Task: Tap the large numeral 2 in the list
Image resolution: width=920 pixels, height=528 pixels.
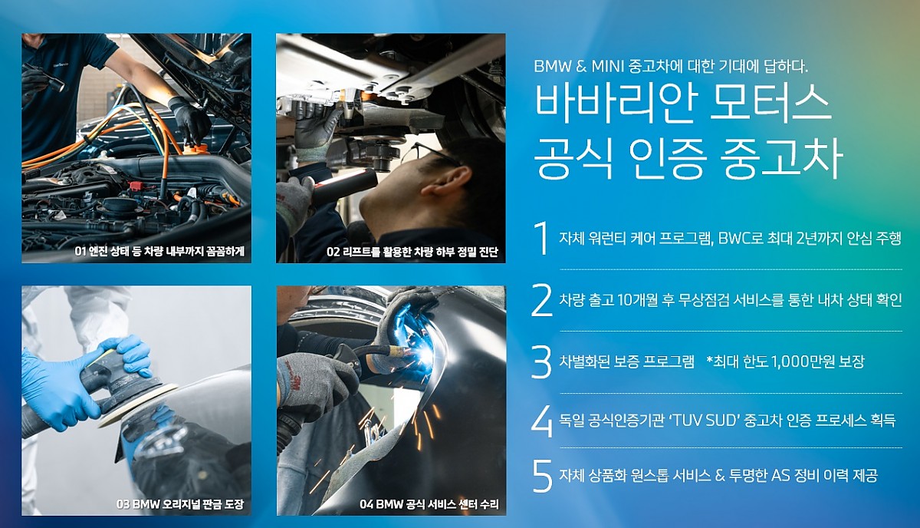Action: coord(542,300)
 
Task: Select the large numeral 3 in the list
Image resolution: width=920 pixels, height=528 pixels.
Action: coord(541,361)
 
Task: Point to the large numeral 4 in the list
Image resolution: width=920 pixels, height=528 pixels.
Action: coord(542,421)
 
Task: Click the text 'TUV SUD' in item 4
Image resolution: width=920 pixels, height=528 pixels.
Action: coord(704,421)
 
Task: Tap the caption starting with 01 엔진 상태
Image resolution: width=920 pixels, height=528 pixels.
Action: coord(159,251)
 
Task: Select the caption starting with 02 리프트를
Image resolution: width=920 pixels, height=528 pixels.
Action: coord(412,251)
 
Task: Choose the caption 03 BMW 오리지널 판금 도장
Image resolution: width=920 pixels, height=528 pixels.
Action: coord(180,503)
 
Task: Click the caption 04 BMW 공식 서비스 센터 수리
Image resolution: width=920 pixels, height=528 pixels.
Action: coord(429,503)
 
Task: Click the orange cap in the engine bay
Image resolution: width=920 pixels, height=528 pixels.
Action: coord(196,148)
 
